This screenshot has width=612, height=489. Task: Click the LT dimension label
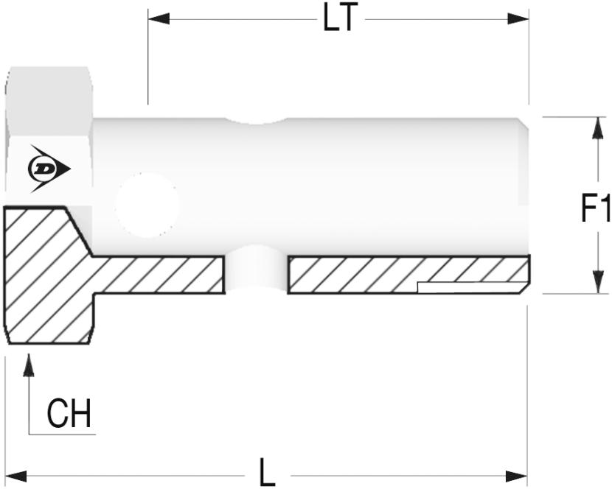(x=340, y=18)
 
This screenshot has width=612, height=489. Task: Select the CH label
(x=69, y=413)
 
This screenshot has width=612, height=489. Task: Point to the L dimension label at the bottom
(x=267, y=472)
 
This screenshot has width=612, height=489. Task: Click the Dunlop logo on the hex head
(x=49, y=169)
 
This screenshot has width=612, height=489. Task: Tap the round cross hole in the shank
(x=147, y=205)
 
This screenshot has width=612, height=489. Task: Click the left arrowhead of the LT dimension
(x=159, y=18)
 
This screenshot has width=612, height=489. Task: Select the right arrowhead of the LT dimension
(x=518, y=18)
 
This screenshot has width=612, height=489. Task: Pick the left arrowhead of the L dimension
(x=15, y=476)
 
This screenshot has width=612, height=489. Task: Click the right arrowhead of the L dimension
(x=516, y=476)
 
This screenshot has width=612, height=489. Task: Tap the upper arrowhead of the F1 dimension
(x=597, y=128)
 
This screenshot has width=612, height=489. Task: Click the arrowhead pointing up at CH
(x=29, y=365)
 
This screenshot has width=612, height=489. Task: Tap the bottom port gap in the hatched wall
(x=256, y=273)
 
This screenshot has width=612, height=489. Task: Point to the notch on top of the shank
(x=256, y=122)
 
